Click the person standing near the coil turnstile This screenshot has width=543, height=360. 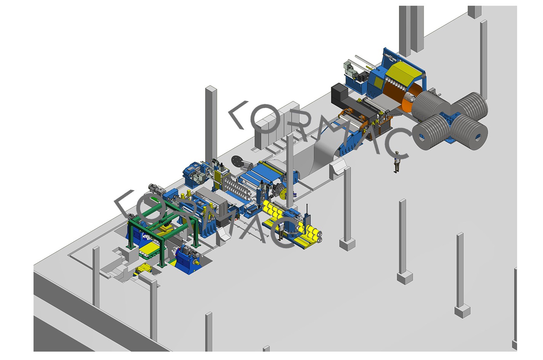point(396,162)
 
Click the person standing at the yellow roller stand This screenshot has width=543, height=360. point(281,230)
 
